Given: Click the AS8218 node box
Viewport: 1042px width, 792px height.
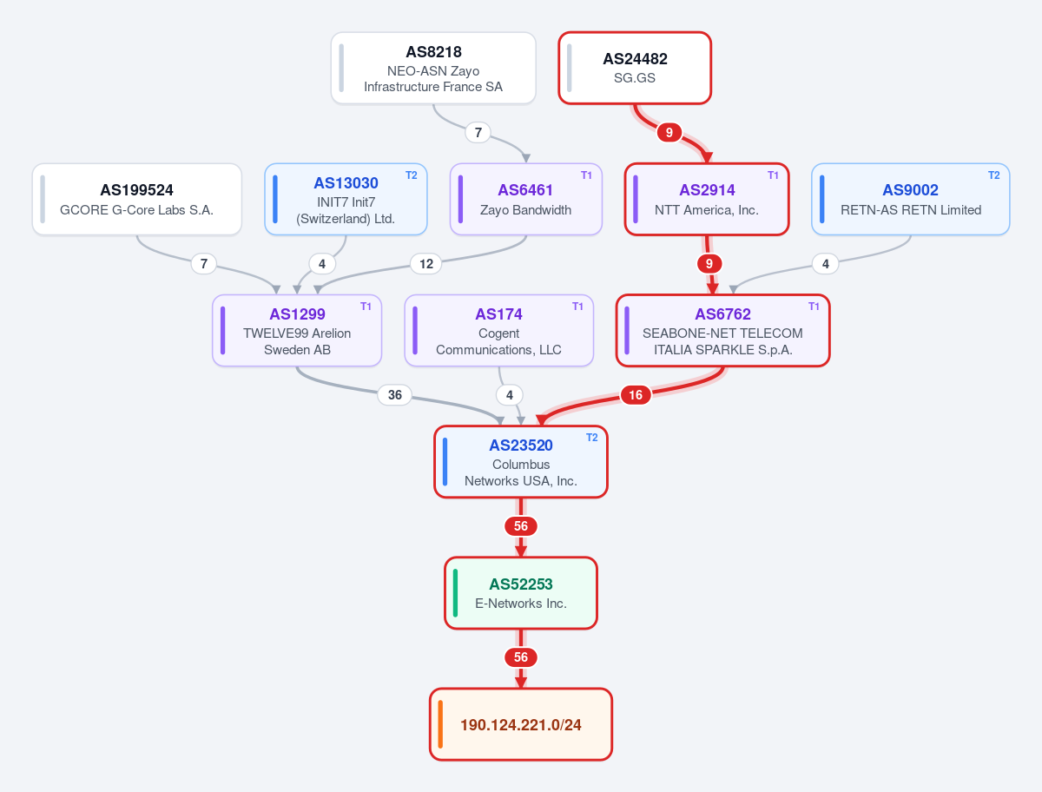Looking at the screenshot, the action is pyautogui.click(x=433, y=68).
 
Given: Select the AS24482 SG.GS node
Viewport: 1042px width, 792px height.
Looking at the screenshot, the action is pyautogui.click(x=635, y=68).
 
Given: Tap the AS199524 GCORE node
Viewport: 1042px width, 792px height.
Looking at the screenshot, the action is pyautogui.click(x=136, y=200).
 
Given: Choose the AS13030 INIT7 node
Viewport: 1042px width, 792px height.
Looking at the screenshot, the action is pyautogui.click(x=346, y=200).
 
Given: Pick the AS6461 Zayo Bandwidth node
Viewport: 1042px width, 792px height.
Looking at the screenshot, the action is pyautogui.click(x=526, y=200).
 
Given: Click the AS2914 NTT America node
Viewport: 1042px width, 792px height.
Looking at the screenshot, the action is pyautogui.click(x=707, y=200).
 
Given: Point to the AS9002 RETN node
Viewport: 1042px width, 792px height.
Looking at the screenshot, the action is pyautogui.click(x=911, y=200).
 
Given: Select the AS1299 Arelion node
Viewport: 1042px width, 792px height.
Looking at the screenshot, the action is pyautogui.click(x=297, y=330).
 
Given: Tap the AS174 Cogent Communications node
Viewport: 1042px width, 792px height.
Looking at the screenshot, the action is pyautogui.click(x=499, y=330).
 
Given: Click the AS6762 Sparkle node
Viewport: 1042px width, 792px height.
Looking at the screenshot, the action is pyautogui.click(x=723, y=330).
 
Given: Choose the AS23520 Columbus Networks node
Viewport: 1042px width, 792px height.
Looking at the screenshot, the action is pyautogui.click(x=521, y=462).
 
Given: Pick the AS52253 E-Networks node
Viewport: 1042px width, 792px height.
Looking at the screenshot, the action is pyautogui.click(x=521, y=593).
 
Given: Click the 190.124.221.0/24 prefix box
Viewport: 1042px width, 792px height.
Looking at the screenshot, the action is pyautogui.click(x=521, y=724).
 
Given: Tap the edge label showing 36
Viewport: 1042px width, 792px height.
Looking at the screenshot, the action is pyautogui.click(x=395, y=395).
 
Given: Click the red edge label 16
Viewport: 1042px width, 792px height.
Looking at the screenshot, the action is pyautogui.click(x=636, y=395).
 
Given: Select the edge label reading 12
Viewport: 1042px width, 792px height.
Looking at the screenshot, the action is pyautogui.click(x=426, y=264).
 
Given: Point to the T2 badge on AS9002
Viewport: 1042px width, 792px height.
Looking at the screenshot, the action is pyautogui.click(x=994, y=175).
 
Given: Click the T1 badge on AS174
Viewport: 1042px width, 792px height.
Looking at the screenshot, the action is pyautogui.click(x=577, y=307).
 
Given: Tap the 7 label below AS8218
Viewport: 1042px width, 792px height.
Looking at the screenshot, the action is pyautogui.click(x=478, y=132).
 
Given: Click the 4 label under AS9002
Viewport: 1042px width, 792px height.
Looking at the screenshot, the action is pyautogui.click(x=826, y=264).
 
